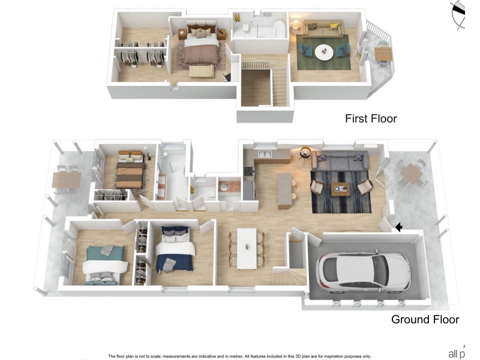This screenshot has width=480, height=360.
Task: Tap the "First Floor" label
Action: (371, 119)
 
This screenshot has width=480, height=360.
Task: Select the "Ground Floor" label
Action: (425, 319)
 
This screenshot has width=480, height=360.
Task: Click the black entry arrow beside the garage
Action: (398, 226)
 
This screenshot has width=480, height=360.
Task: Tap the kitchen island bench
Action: (284, 183)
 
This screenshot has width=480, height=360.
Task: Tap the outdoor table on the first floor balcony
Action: (383, 53)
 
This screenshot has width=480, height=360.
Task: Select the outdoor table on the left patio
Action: (65, 179)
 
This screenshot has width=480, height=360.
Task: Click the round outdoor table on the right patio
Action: (412, 173)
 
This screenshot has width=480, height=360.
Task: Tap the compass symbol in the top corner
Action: (460, 13)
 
